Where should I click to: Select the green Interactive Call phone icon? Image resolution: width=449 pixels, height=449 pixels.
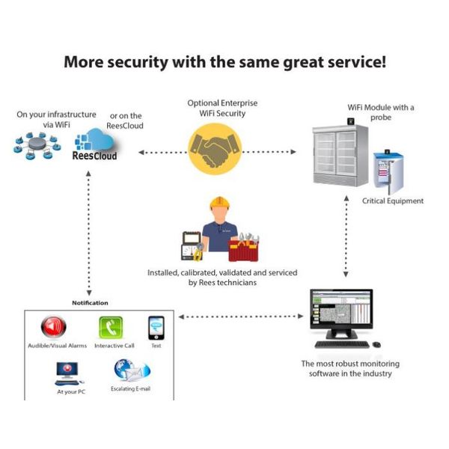[x=111, y=328]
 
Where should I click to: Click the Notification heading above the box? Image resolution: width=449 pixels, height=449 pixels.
[x=90, y=303]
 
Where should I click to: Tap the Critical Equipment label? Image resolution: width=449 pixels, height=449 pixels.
[x=392, y=201]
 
